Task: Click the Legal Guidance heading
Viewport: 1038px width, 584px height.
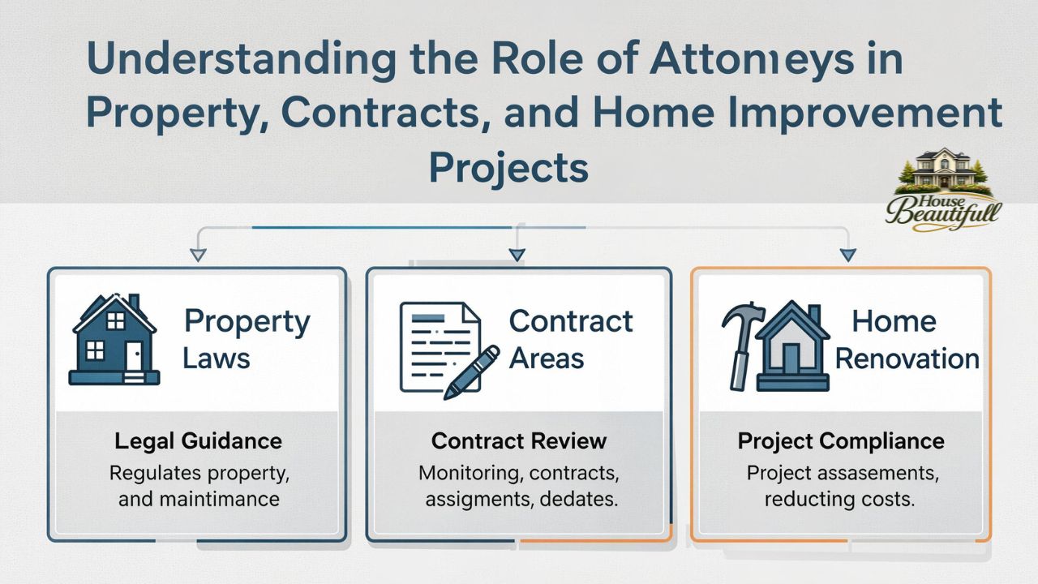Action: click(x=198, y=440)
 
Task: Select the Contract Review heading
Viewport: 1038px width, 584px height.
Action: click(x=519, y=440)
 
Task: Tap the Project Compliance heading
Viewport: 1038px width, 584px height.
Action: click(x=841, y=440)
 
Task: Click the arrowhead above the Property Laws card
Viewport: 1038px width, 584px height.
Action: click(x=197, y=255)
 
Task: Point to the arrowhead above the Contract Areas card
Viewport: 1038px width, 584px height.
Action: click(x=517, y=255)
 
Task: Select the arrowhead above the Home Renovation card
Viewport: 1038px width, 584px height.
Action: click(x=847, y=255)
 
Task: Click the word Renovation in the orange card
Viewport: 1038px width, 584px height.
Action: click(x=907, y=358)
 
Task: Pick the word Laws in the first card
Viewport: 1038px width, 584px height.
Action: click(x=216, y=358)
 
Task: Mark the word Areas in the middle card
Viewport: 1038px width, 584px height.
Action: click(x=546, y=358)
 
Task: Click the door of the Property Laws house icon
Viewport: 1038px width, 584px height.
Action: click(x=133, y=354)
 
